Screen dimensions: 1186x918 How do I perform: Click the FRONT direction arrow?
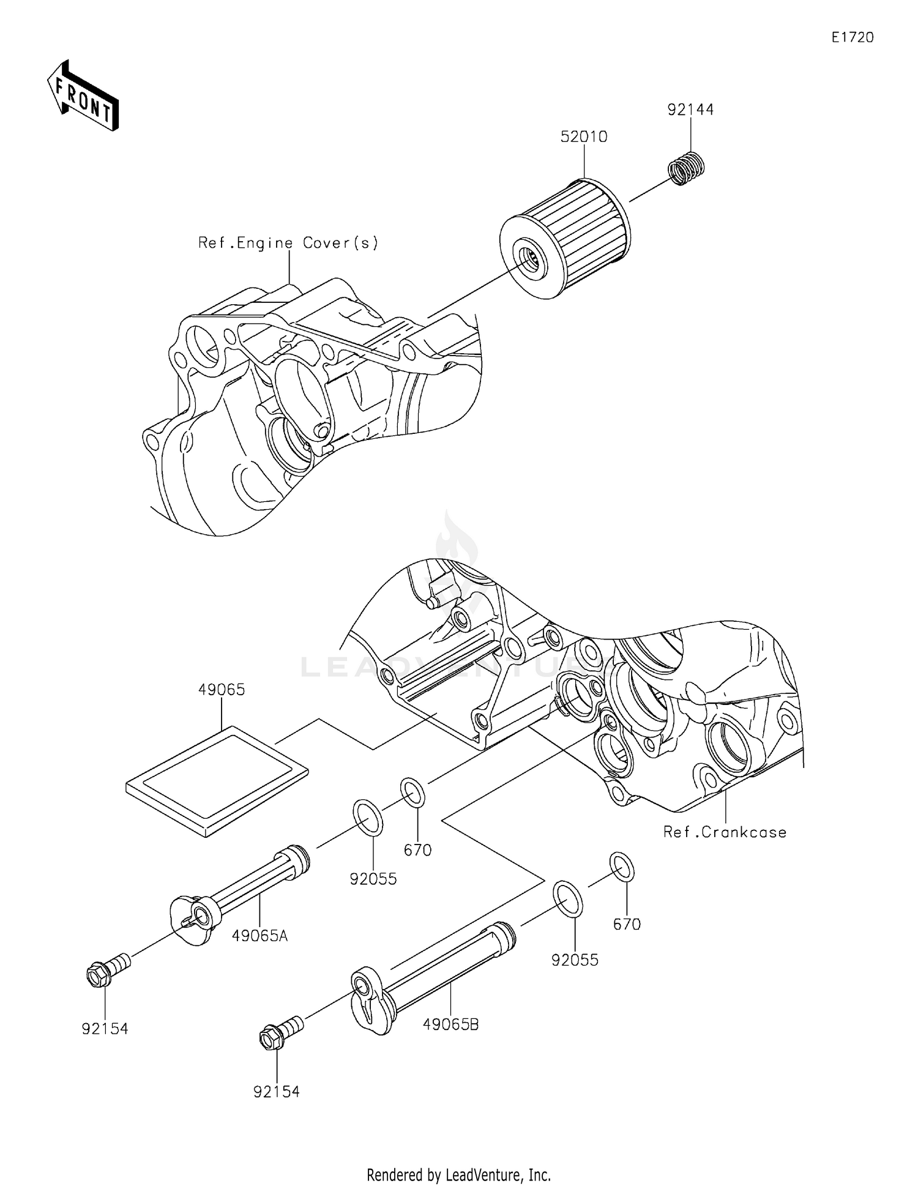[x=83, y=97]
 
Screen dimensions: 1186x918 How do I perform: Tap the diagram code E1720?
[x=853, y=38]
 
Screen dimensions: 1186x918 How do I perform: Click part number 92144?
[x=690, y=110]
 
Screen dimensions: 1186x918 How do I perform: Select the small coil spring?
[x=686, y=166]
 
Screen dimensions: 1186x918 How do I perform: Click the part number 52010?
[x=584, y=137]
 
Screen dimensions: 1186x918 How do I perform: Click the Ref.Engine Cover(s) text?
[x=288, y=243]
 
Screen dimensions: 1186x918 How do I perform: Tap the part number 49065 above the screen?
[x=222, y=690]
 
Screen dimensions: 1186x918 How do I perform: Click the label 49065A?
[x=259, y=936]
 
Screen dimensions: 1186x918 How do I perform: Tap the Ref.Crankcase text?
[x=725, y=832]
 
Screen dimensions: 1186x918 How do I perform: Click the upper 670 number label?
[x=418, y=850]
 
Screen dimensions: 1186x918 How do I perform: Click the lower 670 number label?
[x=627, y=925]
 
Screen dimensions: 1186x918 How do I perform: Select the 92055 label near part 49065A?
[x=373, y=879]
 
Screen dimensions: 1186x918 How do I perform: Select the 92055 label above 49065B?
[x=575, y=960]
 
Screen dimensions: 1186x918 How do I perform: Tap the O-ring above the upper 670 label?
[x=413, y=793]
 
